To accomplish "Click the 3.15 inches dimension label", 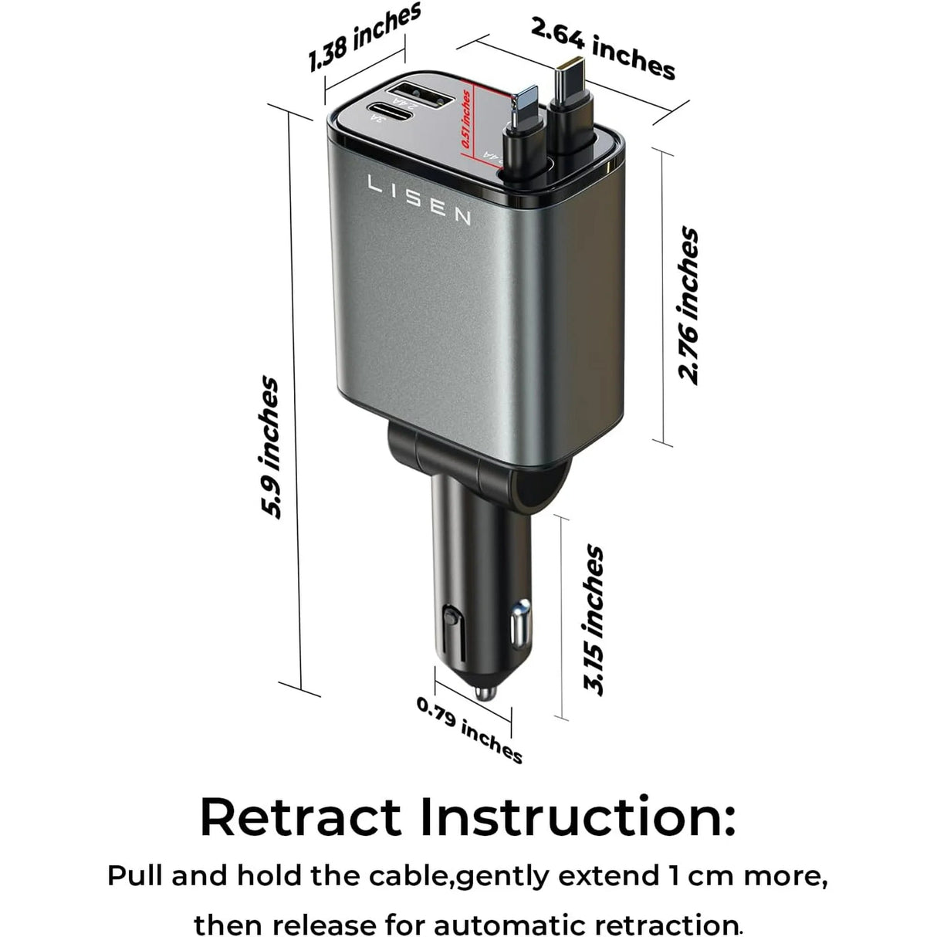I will (594, 620).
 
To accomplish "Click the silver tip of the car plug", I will (485, 690).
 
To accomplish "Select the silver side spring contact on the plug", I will (519, 624).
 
